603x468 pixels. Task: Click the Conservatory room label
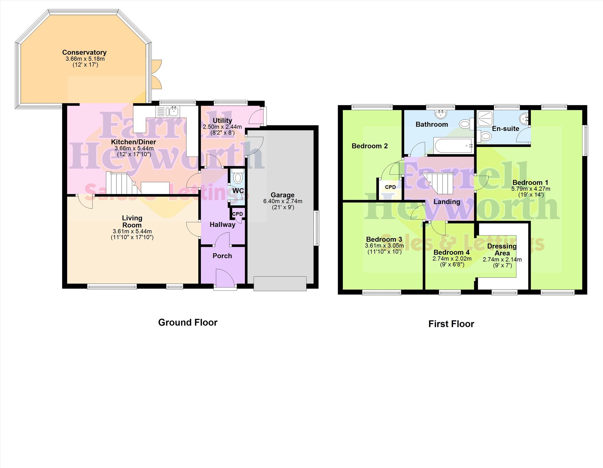[84, 52]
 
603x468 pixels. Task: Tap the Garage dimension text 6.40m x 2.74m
[283, 201]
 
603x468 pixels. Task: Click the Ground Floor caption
[188, 323]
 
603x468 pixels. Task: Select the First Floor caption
[451, 324]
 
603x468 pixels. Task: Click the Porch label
[222, 256]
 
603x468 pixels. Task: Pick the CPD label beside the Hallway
[237, 214]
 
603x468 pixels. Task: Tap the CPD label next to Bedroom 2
[391, 187]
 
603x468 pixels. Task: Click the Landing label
[447, 202]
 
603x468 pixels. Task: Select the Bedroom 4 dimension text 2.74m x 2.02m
[452, 259]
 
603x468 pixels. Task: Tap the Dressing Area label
[502, 250]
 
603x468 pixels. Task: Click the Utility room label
[222, 120]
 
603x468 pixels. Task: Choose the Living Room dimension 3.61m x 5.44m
[132, 232]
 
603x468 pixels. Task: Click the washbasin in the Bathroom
[441, 114]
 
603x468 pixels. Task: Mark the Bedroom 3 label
[384, 239]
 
